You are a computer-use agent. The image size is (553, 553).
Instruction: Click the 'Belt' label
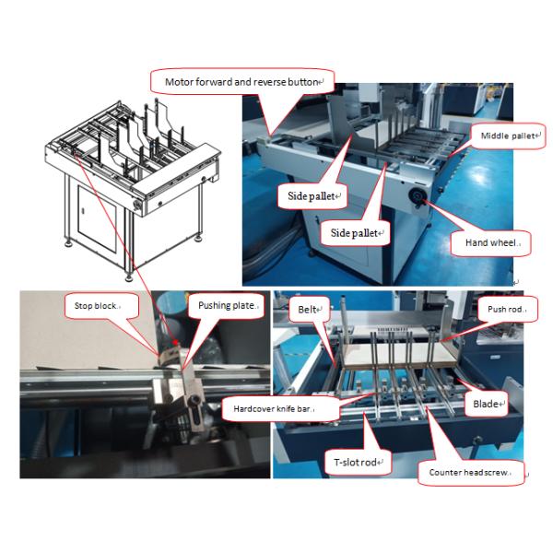pos(308,312)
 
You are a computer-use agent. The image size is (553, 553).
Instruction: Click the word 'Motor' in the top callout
pos(180,81)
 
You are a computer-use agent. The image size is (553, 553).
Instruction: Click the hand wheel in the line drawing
pos(141,201)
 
